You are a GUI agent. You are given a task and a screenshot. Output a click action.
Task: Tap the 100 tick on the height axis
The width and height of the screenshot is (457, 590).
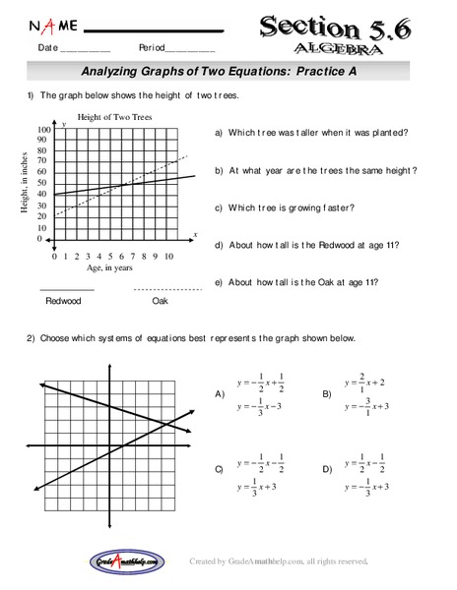44,130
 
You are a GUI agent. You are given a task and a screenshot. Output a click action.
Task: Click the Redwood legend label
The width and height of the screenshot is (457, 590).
64,301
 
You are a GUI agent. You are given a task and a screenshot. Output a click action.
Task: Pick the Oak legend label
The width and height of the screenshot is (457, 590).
161,301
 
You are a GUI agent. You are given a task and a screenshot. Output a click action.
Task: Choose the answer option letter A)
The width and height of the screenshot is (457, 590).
221,393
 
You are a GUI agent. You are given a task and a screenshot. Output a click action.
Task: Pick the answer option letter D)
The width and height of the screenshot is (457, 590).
328,470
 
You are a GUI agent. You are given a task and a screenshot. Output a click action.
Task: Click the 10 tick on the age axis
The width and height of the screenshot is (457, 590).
168,256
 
